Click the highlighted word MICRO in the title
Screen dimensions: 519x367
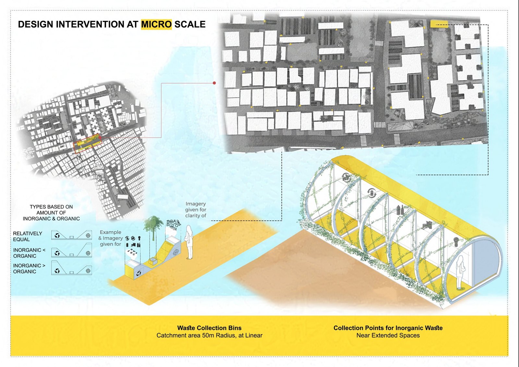156,24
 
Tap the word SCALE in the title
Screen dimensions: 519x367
190,24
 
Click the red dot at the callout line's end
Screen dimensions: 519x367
214,83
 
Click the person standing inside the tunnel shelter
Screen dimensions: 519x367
460,272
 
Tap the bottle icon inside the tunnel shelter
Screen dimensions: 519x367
400,210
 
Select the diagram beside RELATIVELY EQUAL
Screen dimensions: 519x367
72,235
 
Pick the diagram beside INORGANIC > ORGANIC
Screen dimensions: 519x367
72,267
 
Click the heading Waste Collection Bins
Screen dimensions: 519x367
209,328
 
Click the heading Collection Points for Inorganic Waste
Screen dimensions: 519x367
388,328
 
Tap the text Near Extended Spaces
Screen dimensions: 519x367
388,335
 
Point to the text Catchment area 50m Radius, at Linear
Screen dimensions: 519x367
209,335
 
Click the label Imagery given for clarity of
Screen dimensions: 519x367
196,210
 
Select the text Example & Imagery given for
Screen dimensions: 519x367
111,238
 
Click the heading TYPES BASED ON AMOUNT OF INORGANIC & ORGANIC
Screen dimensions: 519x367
51,213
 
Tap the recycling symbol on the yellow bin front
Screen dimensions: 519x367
139,274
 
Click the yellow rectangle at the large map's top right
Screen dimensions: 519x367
439,24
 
